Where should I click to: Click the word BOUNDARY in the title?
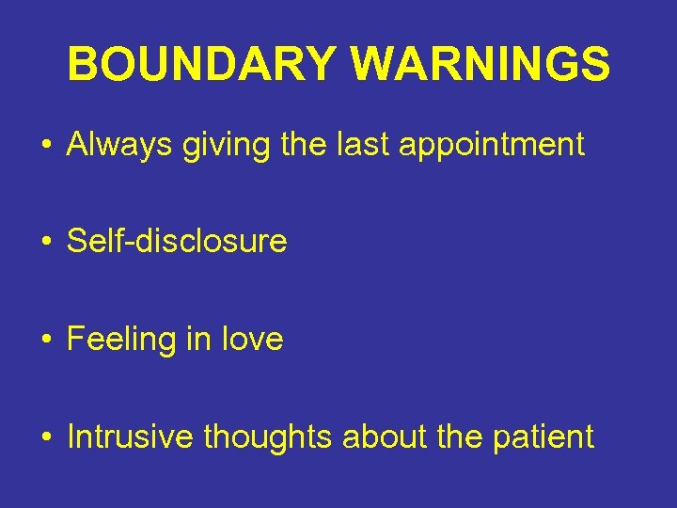(202, 65)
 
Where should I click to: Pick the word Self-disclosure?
(177, 242)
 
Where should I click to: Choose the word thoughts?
(268, 437)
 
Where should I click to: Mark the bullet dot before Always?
(45, 146)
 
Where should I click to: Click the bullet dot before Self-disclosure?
(45, 243)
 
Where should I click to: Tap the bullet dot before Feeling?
(45, 340)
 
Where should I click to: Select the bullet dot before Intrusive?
(45, 437)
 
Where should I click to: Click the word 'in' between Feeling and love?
(198, 339)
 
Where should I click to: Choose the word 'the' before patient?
(455, 437)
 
